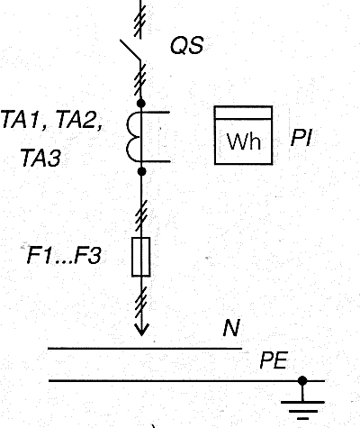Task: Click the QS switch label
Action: point(187,46)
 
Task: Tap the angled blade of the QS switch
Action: point(130,50)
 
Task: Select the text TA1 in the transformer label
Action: point(22,119)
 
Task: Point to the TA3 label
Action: point(40,158)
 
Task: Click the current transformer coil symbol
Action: point(132,137)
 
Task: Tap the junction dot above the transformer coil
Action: point(141,104)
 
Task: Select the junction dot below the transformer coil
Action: point(141,171)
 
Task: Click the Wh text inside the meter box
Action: point(244,141)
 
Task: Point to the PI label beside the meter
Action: point(301,138)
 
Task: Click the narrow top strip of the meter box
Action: point(244,113)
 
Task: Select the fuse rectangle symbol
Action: point(141,257)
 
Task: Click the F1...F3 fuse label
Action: point(64,255)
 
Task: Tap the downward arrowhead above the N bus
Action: point(141,330)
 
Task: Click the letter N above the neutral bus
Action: point(231,328)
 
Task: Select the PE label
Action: point(274,360)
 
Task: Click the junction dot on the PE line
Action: point(302,381)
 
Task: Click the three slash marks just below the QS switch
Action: point(140,77)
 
